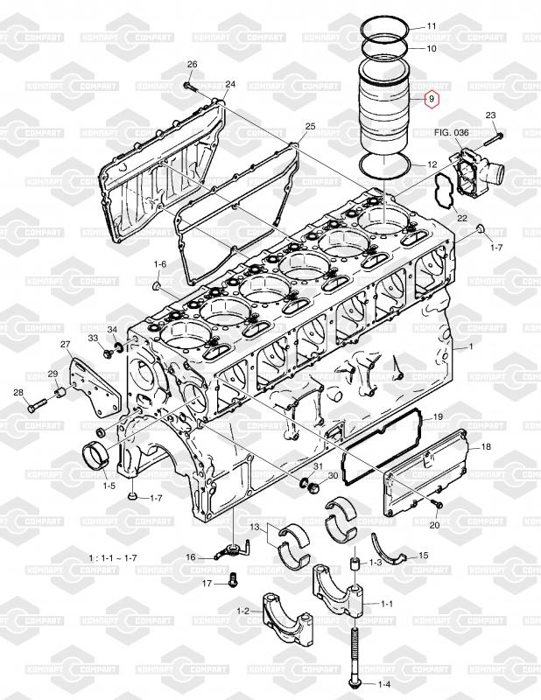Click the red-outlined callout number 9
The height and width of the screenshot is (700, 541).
pyautogui.click(x=430, y=101)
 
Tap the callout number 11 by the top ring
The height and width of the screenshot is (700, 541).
pyautogui.click(x=430, y=27)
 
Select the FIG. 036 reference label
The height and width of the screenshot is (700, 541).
pyautogui.click(x=453, y=132)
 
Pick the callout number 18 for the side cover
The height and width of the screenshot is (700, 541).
pyautogui.click(x=486, y=446)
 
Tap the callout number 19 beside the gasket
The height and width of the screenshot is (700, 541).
pyautogui.click(x=438, y=417)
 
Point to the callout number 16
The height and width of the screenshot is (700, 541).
pyautogui.click(x=190, y=556)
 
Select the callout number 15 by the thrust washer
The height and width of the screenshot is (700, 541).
pyautogui.click(x=423, y=555)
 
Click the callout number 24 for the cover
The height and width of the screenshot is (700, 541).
pyautogui.click(x=230, y=85)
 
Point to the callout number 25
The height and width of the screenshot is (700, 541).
pyautogui.click(x=310, y=126)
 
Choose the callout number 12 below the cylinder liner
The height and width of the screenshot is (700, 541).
pyautogui.click(x=431, y=164)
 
